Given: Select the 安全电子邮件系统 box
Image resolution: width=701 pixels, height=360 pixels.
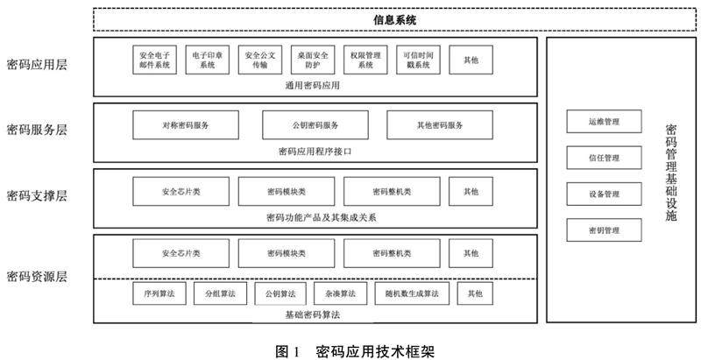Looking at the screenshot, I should (x=155, y=60).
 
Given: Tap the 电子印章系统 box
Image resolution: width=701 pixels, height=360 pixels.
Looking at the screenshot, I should (x=207, y=60).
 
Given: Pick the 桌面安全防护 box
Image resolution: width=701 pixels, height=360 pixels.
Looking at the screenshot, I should (x=313, y=60).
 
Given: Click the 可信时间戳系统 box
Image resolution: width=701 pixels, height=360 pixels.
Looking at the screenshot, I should (x=418, y=60).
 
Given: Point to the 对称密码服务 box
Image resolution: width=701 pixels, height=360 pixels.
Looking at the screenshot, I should (x=185, y=125).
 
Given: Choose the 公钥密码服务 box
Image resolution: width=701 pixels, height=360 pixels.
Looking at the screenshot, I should (x=315, y=125).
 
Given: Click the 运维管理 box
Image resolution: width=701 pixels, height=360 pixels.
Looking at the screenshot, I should (x=604, y=123).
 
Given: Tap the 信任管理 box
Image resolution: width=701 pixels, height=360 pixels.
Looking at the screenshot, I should (x=604, y=159).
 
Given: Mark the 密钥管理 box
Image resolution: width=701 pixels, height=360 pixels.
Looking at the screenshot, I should (x=604, y=229).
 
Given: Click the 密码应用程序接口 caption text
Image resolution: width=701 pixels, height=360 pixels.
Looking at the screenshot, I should (x=313, y=151).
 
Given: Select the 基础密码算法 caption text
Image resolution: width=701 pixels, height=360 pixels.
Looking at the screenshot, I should (x=313, y=314).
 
